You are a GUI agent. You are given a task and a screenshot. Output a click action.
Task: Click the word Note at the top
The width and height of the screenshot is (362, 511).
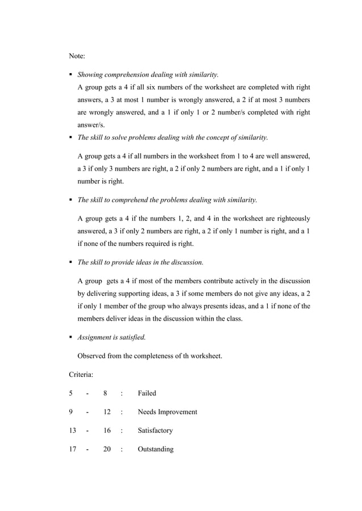pyautogui.click(x=77, y=56)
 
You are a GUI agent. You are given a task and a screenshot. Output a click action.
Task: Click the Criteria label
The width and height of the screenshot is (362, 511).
pyautogui.click(x=82, y=374)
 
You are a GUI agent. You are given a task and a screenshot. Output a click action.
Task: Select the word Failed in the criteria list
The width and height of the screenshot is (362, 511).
pyautogui.click(x=147, y=393)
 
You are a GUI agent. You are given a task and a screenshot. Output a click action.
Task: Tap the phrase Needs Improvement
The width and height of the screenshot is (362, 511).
pyautogui.click(x=167, y=412)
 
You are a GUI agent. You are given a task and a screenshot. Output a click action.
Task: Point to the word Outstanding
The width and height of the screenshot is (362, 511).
pyautogui.click(x=155, y=449)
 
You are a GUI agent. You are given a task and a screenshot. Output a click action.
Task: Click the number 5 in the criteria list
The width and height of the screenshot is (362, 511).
pyautogui.click(x=71, y=393)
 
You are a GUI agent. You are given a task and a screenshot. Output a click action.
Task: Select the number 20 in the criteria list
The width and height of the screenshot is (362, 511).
pyautogui.click(x=107, y=449)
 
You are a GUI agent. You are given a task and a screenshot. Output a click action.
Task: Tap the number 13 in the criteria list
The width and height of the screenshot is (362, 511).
pyautogui.click(x=73, y=431)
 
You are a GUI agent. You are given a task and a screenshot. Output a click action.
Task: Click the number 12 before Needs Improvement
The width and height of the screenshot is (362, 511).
pyautogui.click(x=107, y=412)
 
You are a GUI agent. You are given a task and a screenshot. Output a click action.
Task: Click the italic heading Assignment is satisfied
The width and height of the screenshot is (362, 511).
pyautogui.click(x=112, y=337)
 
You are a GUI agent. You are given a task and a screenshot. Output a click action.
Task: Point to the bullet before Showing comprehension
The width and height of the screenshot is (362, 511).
pyautogui.click(x=71, y=75)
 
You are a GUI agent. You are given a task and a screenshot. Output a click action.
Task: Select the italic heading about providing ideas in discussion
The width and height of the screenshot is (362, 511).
pyautogui.click(x=140, y=262)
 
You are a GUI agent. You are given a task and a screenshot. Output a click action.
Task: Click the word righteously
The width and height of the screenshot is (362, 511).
pyautogui.click(x=290, y=219)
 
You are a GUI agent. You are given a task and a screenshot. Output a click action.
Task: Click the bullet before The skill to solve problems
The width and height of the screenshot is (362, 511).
pyautogui.click(x=71, y=138)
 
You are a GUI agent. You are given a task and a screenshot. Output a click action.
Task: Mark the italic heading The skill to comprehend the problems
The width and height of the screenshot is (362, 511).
pyautogui.click(x=167, y=199)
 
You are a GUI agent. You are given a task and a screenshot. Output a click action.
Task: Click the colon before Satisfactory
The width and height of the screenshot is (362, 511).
pyautogui.click(x=122, y=431)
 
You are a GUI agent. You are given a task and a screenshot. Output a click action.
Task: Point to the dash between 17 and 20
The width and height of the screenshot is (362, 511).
pyautogui.click(x=87, y=449)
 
